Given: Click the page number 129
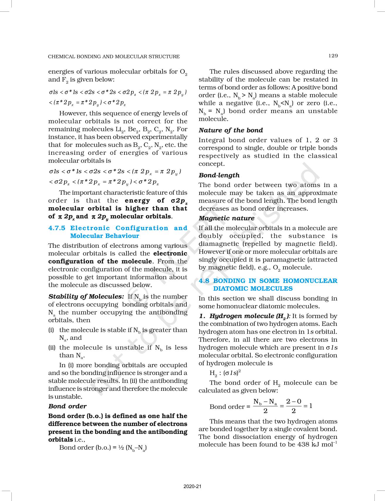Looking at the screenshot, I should coord(333,56).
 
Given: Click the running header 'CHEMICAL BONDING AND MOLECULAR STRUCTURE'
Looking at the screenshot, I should coord(114,57).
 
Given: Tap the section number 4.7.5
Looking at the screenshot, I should coord(57,228).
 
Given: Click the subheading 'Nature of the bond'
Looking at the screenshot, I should coord(231,130).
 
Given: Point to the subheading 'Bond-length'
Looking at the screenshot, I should coord(219,175).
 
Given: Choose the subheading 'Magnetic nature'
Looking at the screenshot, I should coord(227,218).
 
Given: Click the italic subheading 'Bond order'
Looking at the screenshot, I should coord(67,406).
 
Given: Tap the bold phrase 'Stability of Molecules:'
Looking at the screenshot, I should coord(86,297).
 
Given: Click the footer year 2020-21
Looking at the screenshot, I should coord(192,486).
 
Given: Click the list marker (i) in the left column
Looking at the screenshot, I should coord(51,330).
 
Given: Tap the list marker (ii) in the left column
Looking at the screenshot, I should coord(52,348).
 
